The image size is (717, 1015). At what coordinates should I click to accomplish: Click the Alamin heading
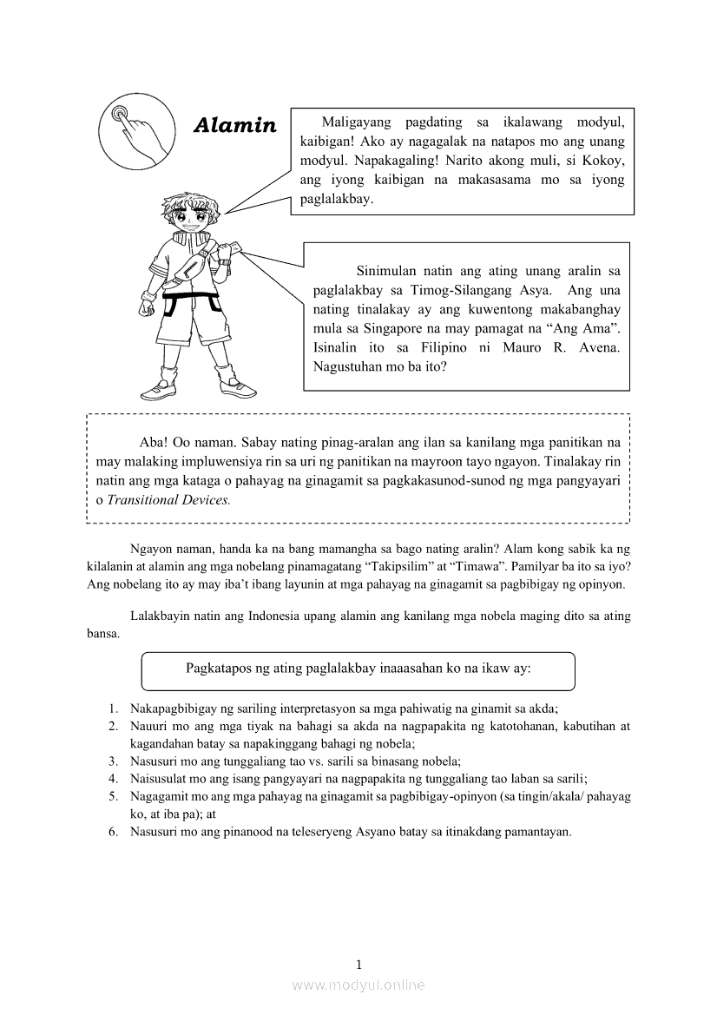(234, 125)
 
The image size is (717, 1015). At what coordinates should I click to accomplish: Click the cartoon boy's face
(190, 218)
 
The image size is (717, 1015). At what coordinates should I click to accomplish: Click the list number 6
(113, 831)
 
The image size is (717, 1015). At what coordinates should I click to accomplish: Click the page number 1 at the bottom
(358, 964)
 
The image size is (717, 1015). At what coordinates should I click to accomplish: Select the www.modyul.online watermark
(358, 985)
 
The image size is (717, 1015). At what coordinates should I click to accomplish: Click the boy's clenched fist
(145, 306)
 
